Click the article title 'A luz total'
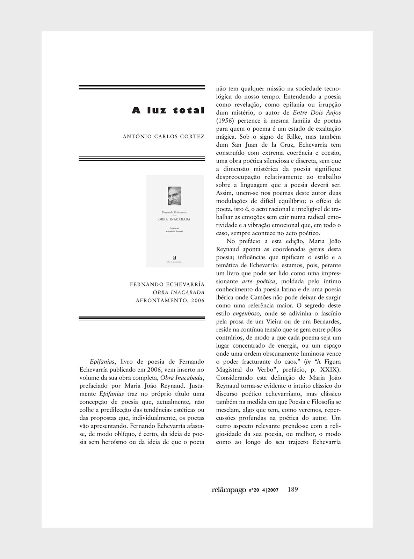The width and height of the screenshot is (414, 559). [168, 111]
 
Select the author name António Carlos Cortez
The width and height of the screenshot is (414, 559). [164, 137]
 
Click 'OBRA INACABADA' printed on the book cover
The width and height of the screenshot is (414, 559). [174, 219]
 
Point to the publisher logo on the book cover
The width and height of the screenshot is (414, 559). [174, 256]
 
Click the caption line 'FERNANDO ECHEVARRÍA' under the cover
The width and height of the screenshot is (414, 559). [167, 284]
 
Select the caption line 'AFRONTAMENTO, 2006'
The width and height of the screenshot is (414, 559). [170, 300]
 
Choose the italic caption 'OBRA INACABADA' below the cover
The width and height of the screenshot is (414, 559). [178, 292]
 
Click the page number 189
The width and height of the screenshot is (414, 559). [292, 489]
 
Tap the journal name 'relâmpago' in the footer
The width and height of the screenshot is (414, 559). [229, 490]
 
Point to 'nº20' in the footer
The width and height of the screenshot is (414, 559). [254, 491]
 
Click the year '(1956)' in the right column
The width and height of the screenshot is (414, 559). [226, 121]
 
